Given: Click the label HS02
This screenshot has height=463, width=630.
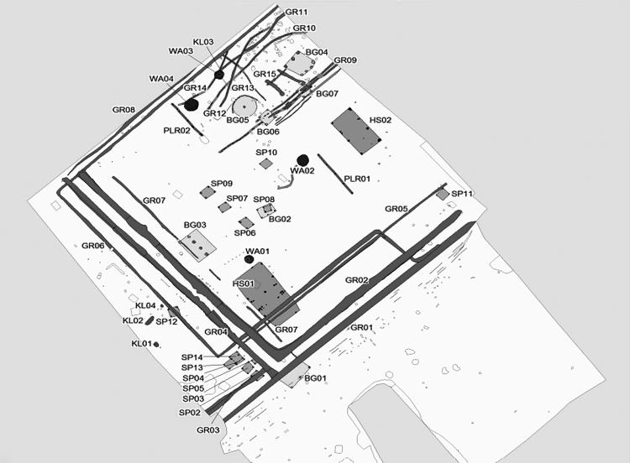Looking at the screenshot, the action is [x=381, y=121].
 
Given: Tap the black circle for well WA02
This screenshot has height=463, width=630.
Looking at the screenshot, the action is [x=302, y=159].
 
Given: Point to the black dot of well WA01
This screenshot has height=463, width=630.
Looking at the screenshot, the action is [x=249, y=260].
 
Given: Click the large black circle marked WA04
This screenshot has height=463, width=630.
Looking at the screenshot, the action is [x=192, y=105].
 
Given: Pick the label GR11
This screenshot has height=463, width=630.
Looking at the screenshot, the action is [x=297, y=12].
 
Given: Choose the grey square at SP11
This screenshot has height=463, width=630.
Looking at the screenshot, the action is [x=442, y=195].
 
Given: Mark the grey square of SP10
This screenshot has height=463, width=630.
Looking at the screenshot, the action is [x=265, y=164].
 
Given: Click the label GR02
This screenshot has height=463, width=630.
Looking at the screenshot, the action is [x=358, y=280].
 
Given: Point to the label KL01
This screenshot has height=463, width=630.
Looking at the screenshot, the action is [x=141, y=344].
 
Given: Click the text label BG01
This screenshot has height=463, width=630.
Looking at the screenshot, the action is [x=316, y=379].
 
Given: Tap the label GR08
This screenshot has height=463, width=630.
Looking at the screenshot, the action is [x=123, y=110].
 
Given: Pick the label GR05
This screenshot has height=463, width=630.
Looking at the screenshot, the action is [x=396, y=209].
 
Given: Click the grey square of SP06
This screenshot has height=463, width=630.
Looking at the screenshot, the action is [x=245, y=222].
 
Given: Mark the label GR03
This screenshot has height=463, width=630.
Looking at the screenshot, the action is [x=208, y=430].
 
